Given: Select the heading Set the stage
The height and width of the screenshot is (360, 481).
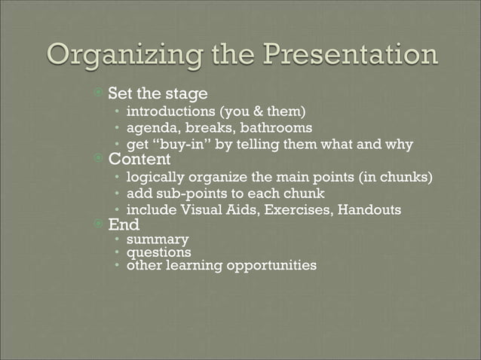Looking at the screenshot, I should tap(158, 95).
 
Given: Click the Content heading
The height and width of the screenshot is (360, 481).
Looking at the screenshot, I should tap(139, 160).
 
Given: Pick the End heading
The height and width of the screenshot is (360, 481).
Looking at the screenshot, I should tap(124, 224).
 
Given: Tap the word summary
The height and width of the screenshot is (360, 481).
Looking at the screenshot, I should tap(158, 240).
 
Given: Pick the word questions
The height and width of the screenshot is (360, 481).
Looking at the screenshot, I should tap(158, 253).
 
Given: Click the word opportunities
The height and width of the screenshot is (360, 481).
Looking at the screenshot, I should tap(265, 266).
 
